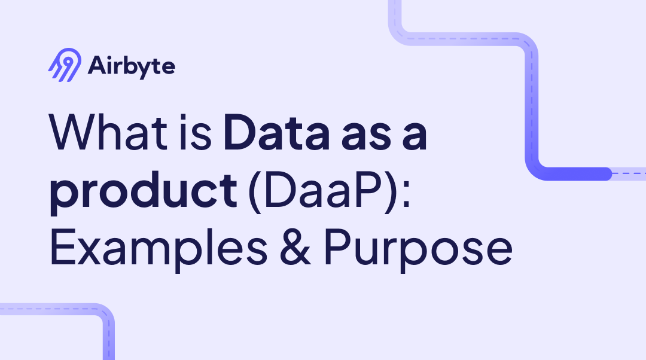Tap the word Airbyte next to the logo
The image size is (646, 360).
coord(132,66)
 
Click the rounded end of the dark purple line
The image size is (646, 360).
coord(607,174)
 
